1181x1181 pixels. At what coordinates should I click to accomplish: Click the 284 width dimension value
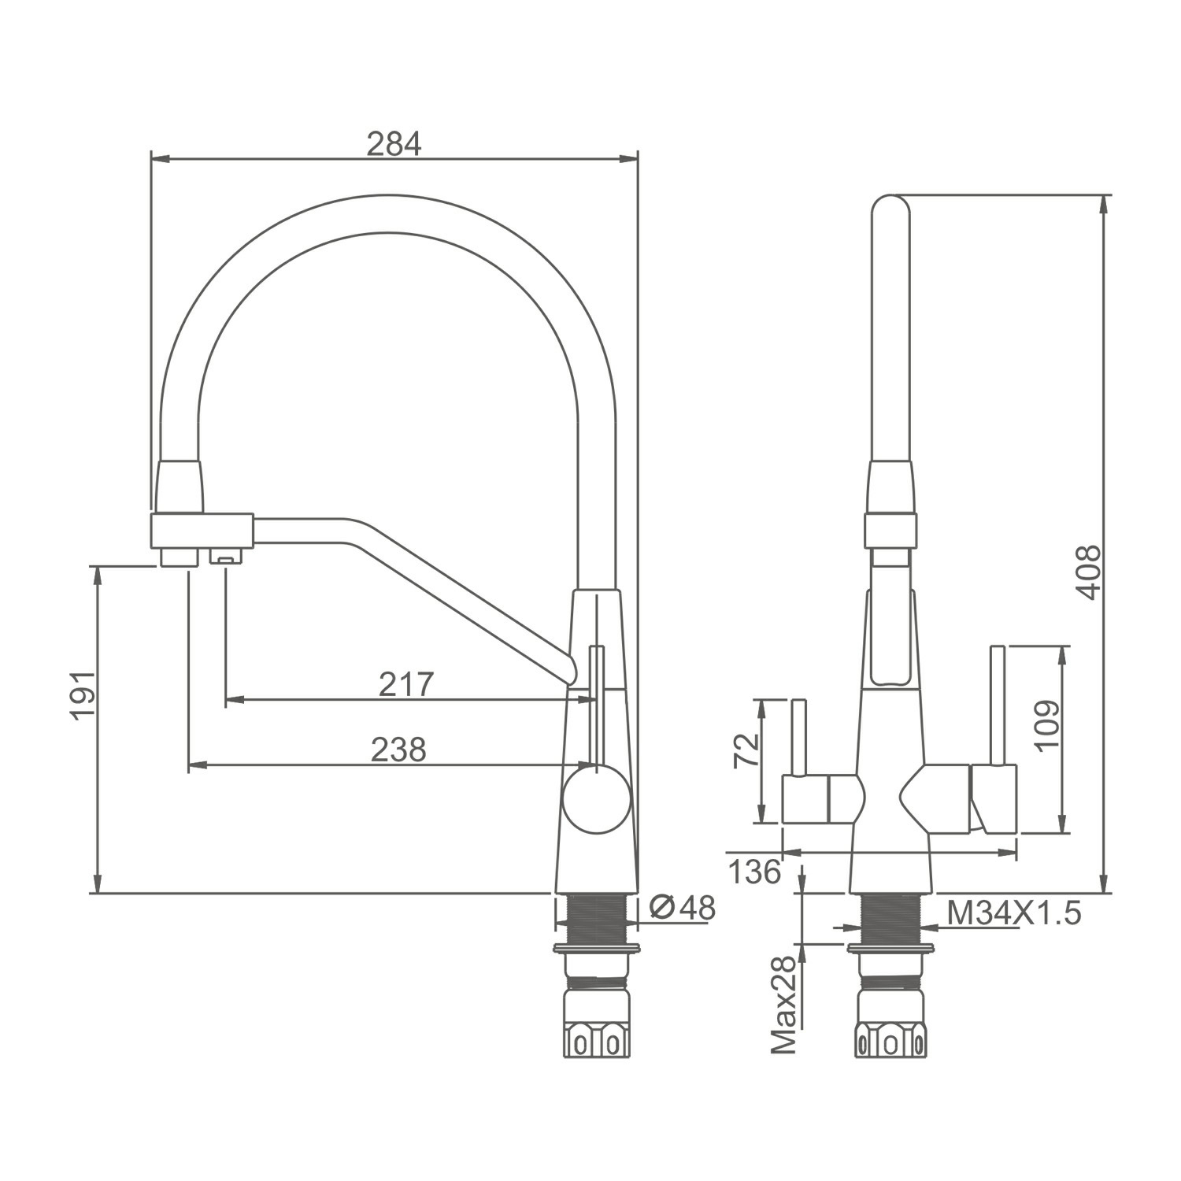pos(394,144)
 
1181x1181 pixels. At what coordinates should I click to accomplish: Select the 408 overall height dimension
pos(1089,572)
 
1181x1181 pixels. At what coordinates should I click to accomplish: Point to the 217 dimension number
pos(406,684)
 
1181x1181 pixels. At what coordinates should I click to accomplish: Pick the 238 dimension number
pos(398,750)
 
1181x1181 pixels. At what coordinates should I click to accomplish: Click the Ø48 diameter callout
pos(683,908)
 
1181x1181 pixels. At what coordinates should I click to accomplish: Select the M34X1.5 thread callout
pos(1014,913)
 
